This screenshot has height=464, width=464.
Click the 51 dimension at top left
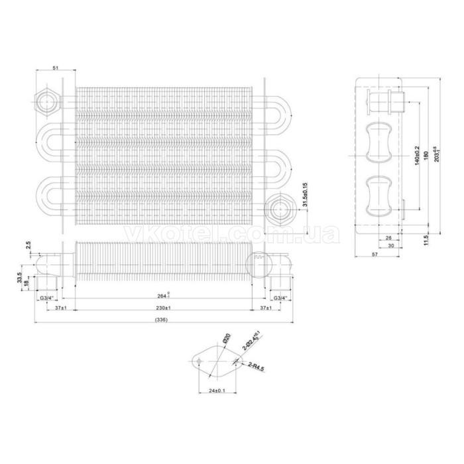click(x=55, y=68)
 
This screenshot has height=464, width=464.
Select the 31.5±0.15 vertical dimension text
click(x=304, y=196)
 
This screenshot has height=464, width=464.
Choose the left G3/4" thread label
click(x=47, y=298)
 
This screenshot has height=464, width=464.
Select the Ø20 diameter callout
click(x=226, y=339)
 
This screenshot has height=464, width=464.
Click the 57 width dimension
click(x=375, y=255)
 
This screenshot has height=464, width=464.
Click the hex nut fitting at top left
click(x=47, y=101)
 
